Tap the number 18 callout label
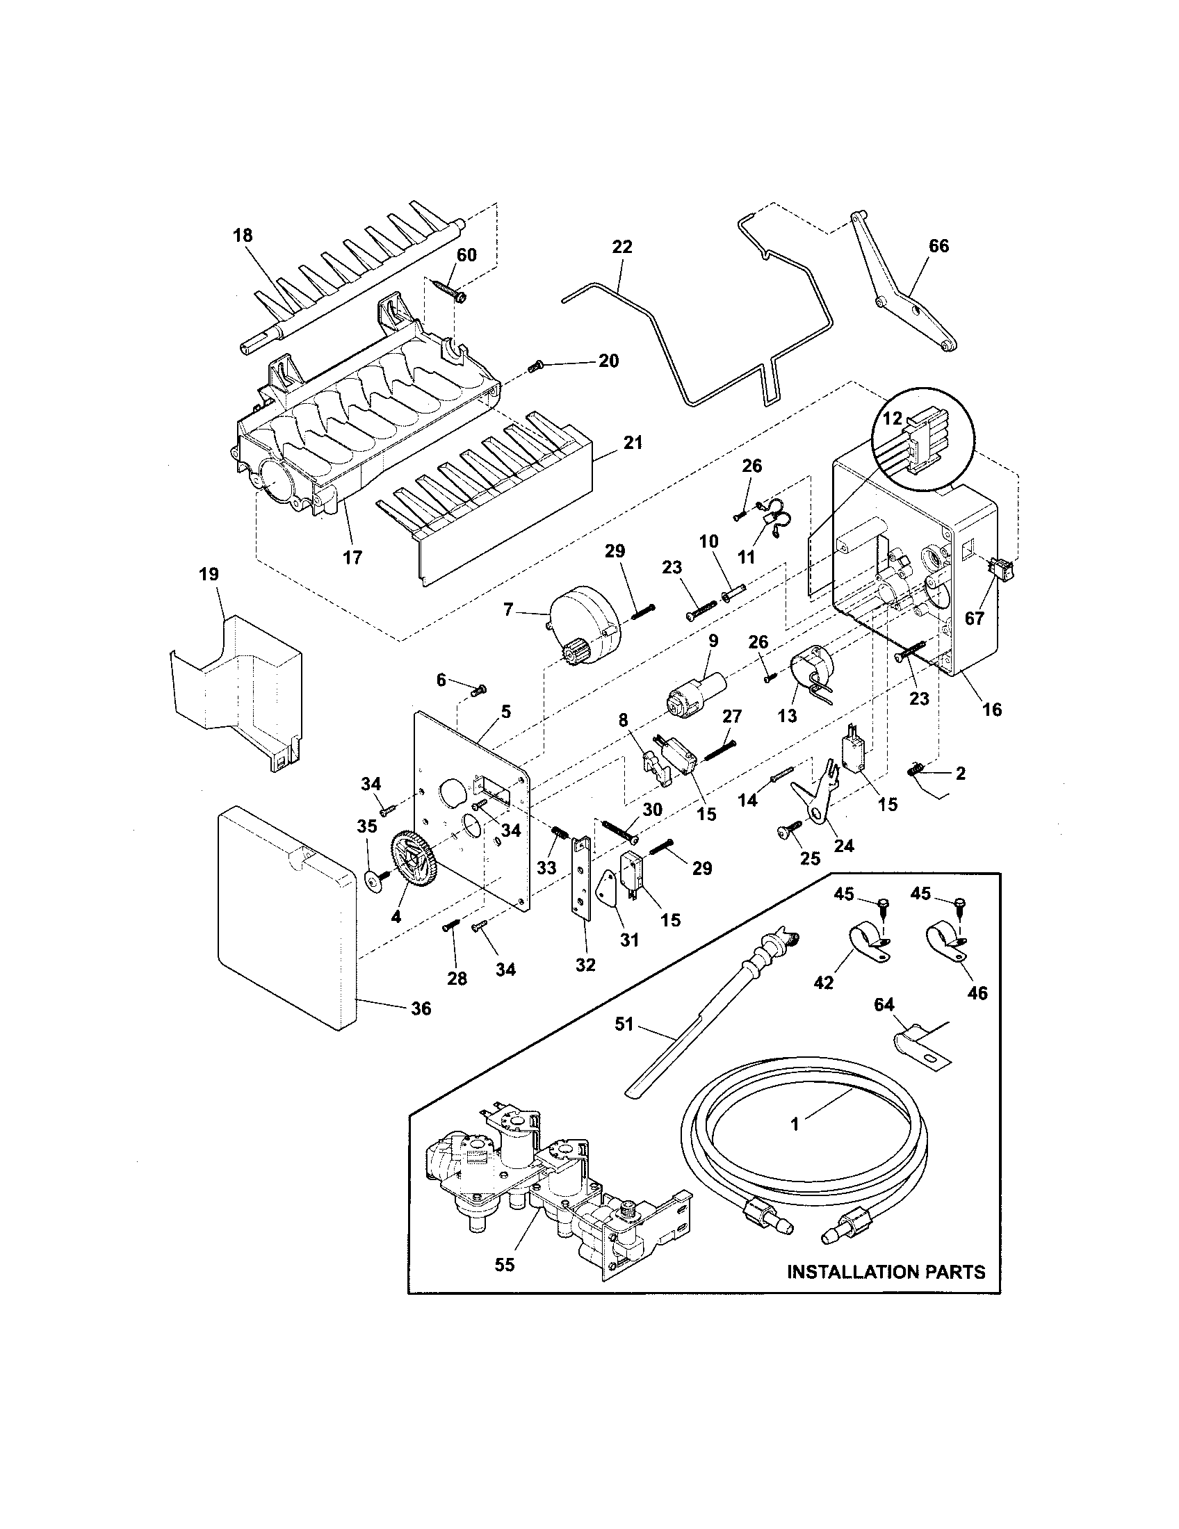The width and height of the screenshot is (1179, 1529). tap(242, 235)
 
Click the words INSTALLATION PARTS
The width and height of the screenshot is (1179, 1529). tap(886, 1271)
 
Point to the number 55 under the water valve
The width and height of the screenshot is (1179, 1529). tap(504, 1264)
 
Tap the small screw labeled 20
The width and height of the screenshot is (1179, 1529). tap(537, 365)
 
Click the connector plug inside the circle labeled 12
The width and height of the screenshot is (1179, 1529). tap(917, 441)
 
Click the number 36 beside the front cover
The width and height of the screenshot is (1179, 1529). tap(421, 1008)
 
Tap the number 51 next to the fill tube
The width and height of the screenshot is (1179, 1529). tap(624, 1024)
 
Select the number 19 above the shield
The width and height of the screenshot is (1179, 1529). tap(209, 574)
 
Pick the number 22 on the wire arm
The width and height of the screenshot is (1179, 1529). tap(621, 247)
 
